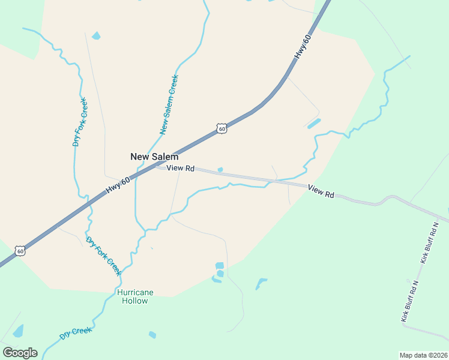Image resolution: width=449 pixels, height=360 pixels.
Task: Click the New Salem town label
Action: point(154,157)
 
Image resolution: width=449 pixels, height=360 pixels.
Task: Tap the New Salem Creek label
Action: point(169,104)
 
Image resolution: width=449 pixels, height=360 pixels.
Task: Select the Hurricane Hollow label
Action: point(135,296)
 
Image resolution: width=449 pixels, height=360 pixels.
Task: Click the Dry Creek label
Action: point(75,333)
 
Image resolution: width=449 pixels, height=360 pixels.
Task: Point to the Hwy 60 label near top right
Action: point(303,47)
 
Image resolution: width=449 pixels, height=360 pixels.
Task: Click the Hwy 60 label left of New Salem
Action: point(118,185)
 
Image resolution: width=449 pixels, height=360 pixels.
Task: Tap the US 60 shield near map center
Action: point(222,128)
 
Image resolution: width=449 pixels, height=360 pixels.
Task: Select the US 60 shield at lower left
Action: point(20,251)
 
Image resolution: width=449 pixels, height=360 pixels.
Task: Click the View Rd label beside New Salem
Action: point(180,169)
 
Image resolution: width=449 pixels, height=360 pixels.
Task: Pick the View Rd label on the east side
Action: point(321,191)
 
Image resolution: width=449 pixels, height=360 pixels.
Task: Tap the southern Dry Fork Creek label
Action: point(104,256)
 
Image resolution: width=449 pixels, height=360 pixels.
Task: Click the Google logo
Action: point(20,353)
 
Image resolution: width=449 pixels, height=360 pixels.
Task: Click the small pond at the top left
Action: point(96,37)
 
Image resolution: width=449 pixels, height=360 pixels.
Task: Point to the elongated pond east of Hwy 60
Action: point(313,123)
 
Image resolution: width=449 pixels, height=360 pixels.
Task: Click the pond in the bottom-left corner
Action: point(18,331)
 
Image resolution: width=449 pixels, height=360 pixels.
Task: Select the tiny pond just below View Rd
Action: point(220,170)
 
